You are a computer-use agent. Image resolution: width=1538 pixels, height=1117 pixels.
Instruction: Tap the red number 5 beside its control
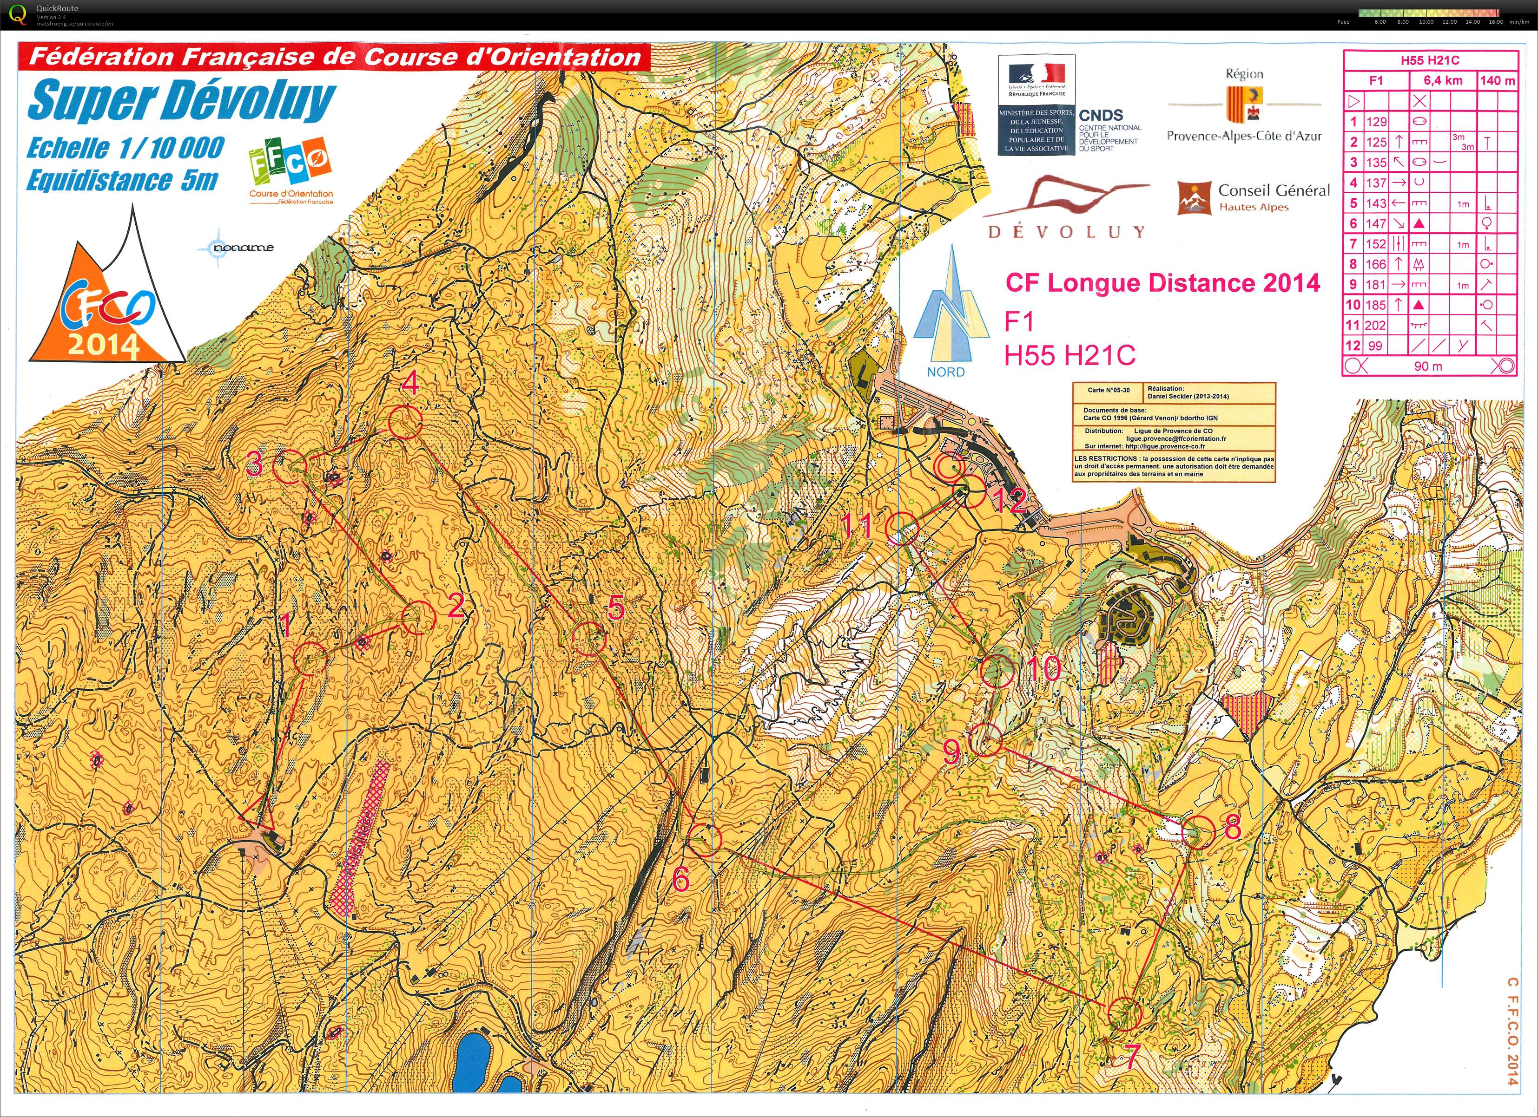[615, 608]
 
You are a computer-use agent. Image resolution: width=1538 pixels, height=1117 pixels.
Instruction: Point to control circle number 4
[405, 422]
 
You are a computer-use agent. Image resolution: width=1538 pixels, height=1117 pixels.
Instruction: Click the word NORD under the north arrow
[945, 372]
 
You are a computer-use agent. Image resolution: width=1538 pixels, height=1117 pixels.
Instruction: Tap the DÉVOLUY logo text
[1066, 232]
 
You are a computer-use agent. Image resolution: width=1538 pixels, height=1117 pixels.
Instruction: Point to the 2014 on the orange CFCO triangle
[103, 346]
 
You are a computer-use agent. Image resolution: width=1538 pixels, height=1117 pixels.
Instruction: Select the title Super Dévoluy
[181, 100]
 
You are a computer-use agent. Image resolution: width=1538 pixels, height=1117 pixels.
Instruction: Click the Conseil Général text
[1274, 190]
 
